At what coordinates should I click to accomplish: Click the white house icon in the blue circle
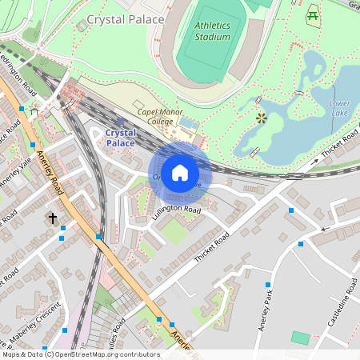180,173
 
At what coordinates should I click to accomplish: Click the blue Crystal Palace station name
121,138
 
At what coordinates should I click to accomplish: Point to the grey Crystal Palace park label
126,18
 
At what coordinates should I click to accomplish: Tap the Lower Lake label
339,109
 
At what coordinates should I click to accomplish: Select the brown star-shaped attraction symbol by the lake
261,118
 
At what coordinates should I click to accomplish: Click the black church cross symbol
53,218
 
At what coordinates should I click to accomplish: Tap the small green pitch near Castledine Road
300,338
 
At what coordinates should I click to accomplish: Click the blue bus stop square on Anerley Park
268,285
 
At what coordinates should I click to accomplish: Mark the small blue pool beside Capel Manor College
189,124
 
